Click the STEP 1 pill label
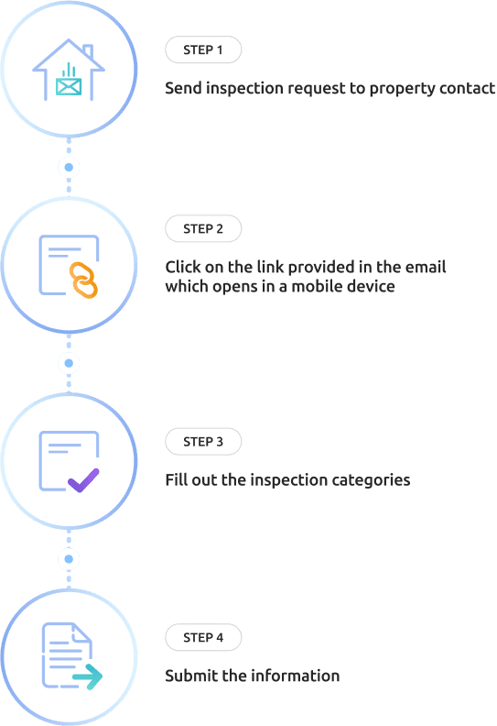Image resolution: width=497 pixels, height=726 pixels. [x=203, y=49]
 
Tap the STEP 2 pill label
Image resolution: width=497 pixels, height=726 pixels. [x=203, y=229]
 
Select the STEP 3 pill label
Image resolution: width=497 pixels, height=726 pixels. [x=203, y=442]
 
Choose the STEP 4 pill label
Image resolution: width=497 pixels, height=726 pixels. [x=203, y=638]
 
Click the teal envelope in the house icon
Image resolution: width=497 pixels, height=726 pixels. [x=69, y=87]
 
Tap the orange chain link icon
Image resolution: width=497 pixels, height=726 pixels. [x=83, y=280]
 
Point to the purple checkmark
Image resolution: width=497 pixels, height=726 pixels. [x=83, y=480]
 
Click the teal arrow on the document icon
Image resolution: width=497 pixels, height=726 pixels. [x=88, y=676]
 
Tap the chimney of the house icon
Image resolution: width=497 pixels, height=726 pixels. [x=88, y=52]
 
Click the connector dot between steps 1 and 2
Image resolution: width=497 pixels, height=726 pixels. [x=69, y=167]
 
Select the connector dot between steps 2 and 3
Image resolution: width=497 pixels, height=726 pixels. [x=69, y=363]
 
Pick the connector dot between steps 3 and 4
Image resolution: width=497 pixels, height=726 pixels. [x=69, y=559]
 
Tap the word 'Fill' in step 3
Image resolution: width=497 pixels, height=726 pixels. [x=176, y=479]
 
